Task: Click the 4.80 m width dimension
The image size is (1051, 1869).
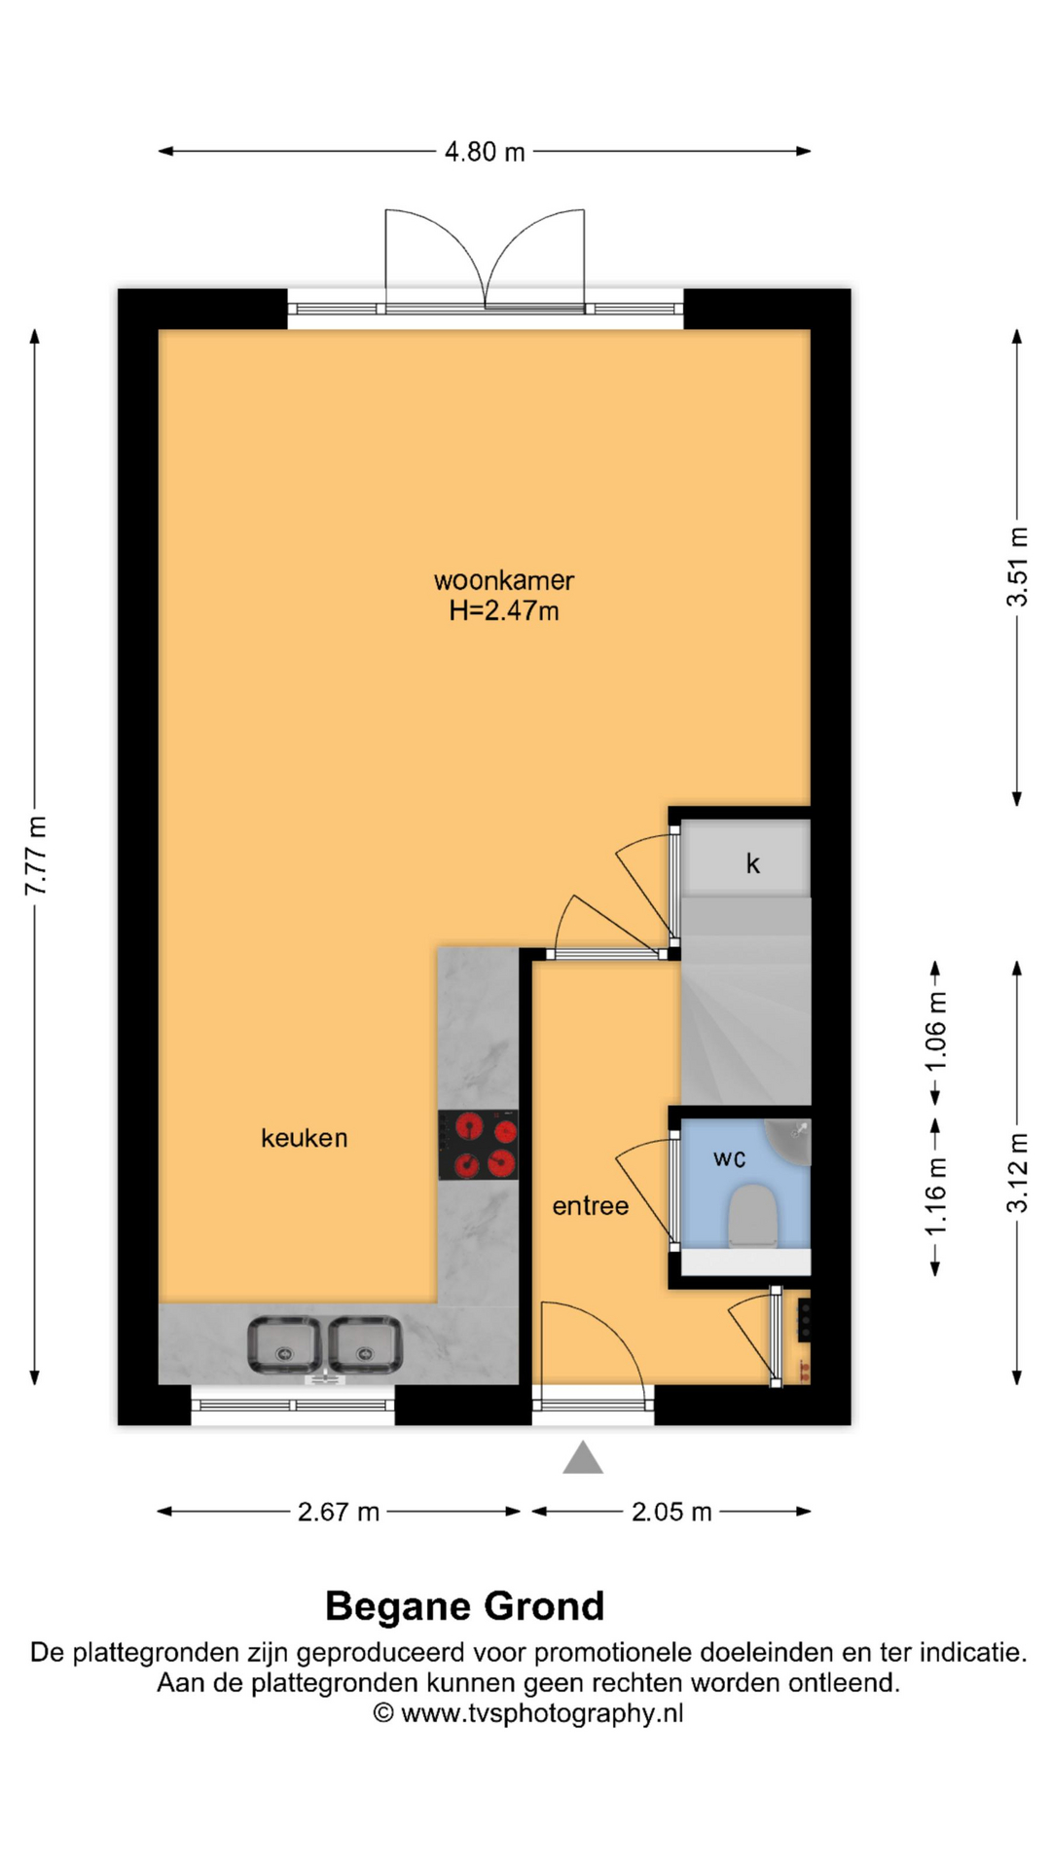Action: click(485, 152)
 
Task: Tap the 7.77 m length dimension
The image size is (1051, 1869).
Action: click(36, 856)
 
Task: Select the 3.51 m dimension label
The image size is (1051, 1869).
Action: click(1017, 567)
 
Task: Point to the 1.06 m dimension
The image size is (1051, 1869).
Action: click(935, 1031)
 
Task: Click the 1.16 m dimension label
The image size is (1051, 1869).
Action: click(935, 1196)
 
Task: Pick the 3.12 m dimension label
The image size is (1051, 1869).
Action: click(1017, 1172)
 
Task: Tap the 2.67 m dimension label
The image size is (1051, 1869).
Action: click(339, 1512)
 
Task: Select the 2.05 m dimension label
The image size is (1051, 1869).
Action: click(671, 1512)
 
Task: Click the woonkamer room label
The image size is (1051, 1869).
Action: click(504, 580)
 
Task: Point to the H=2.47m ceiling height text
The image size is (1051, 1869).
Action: click(504, 610)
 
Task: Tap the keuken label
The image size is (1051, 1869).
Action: click(305, 1137)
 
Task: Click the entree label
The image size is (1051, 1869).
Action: click(591, 1206)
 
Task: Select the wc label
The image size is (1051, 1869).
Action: click(730, 1158)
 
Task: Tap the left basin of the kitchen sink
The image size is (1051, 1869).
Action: click(284, 1344)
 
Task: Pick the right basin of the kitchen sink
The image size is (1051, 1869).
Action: click(365, 1344)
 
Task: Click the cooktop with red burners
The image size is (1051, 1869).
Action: click(478, 1145)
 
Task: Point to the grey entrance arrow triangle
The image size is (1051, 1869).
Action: click(583, 1457)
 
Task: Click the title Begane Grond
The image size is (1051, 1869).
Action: click(465, 1606)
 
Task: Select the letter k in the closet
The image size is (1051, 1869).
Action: click(752, 863)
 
